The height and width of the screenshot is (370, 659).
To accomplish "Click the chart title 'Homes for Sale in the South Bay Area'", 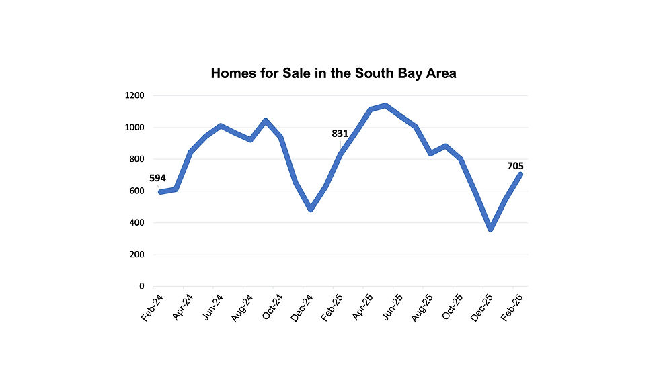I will [334, 73].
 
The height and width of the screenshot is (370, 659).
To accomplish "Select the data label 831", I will [340, 134].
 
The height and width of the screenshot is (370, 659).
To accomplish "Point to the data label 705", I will [514, 166].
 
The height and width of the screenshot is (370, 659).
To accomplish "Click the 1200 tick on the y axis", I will [134, 95].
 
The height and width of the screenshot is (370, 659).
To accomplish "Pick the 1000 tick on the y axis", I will [134, 128].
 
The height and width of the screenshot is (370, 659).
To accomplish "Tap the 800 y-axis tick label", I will [137, 159].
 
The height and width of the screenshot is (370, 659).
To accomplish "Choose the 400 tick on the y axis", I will [137, 223].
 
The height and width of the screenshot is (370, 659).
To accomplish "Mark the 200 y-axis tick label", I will [137, 255].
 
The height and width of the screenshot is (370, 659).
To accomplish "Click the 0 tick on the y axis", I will [141, 287].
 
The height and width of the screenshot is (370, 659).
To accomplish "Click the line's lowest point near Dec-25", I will [491, 229].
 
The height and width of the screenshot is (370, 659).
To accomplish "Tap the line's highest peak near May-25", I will [385, 105].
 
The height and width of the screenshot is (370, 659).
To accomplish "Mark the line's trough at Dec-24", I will [311, 210].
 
